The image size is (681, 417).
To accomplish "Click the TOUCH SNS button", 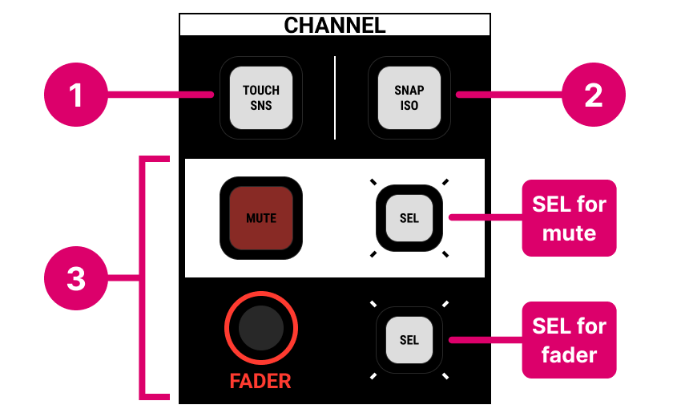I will point(261,98).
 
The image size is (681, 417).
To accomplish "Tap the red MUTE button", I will point(261,218).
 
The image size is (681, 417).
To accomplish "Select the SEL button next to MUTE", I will point(409,218).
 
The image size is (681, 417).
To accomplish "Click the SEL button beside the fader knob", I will point(409,339).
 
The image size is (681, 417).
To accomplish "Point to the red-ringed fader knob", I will point(261,330).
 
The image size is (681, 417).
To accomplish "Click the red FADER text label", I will point(260,382).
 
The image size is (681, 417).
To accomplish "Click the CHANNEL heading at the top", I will point(335,25).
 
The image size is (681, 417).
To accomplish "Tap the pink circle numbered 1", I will point(75,96).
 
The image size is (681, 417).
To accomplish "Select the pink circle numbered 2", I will point(593,96).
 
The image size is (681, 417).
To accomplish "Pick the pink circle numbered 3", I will point(75,279).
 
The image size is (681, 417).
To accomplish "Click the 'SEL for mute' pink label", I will point(569,218).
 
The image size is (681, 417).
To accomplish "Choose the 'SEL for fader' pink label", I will point(569,339).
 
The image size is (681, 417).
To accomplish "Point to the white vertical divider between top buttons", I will point(335,96).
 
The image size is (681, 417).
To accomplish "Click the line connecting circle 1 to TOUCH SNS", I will point(160,96).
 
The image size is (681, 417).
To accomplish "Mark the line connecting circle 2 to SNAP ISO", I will point(509,96).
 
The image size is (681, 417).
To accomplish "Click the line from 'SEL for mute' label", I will point(486,217).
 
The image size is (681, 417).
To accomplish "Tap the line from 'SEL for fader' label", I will point(486,339).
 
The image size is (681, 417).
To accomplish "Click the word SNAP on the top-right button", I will point(409,91).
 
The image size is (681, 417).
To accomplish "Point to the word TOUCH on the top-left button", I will point(261,91).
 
